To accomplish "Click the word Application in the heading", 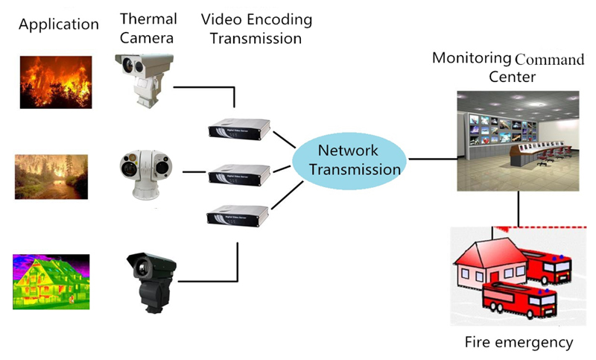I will tap(59, 25).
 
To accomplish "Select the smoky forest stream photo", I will tap(51, 177).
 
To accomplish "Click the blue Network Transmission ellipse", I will tap(349, 160).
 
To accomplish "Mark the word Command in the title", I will tap(550, 60).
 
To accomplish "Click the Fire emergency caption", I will tap(519, 342).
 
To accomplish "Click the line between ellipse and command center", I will tap(432, 159).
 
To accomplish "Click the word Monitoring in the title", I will tap(472, 58).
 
